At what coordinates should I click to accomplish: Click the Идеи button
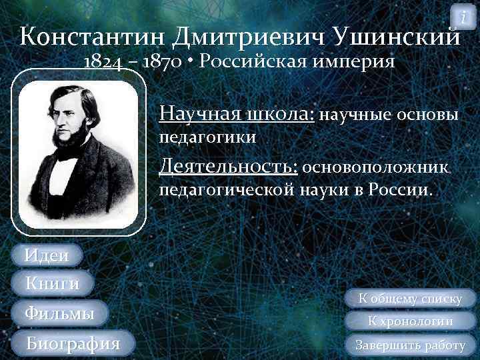click(46, 255)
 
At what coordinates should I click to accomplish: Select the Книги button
click(51, 283)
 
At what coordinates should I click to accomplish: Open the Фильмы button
click(59, 313)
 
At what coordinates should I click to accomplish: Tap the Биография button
click(72, 344)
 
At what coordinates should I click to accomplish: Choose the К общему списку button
click(411, 299)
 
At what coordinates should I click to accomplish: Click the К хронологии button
click(411, 322)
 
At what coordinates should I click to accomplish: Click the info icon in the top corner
click(463, 15)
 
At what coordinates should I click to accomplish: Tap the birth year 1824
click(103, 63)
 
